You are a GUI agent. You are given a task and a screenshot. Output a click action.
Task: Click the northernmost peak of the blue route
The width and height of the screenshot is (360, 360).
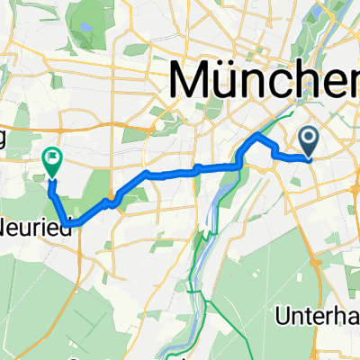pyautogui.click(x=259, y=135)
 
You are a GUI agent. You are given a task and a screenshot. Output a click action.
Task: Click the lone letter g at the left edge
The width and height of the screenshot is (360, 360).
pyautogui.click(x=4, y=136)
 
